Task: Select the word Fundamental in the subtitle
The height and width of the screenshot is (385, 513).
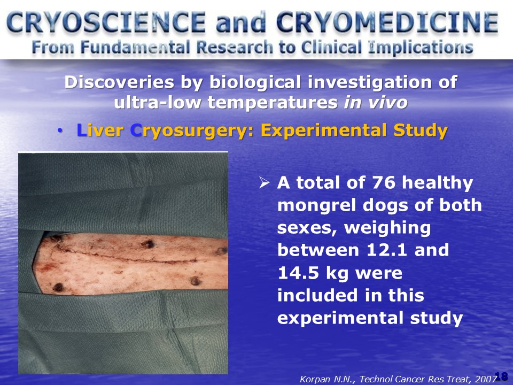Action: [135, 48]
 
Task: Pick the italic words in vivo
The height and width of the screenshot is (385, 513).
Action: [376, 102]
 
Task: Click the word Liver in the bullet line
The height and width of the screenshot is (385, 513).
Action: [100, 130]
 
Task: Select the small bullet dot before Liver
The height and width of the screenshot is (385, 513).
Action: [59, 131]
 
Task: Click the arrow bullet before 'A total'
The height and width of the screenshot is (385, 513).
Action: [264, 182]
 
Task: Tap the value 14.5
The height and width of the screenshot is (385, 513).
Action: [298, 272]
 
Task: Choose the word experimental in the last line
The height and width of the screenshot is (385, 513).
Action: [340, 318]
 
